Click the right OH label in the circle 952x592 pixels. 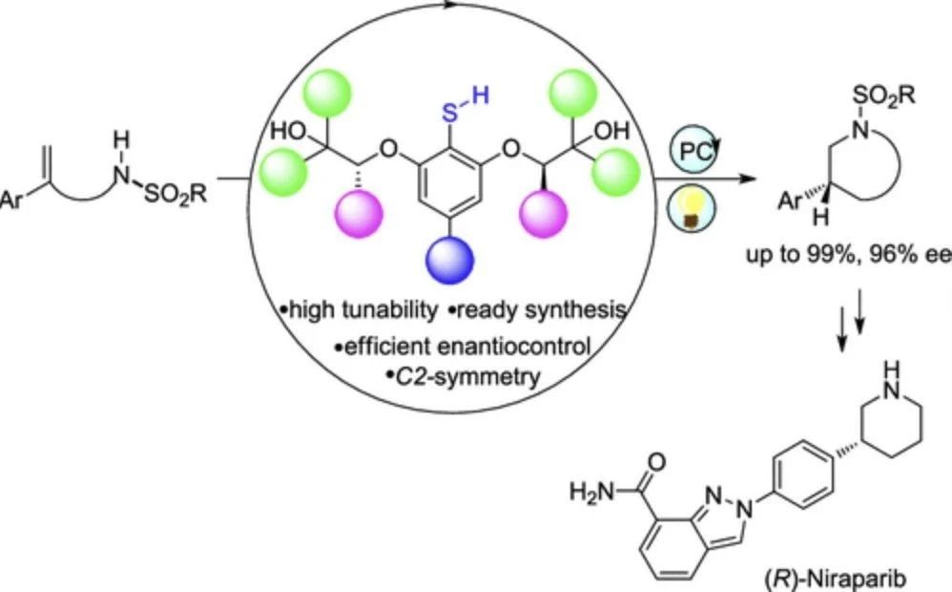point(611,130)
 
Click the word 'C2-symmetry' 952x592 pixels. point(463,376)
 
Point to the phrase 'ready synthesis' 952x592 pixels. point(534,310)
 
